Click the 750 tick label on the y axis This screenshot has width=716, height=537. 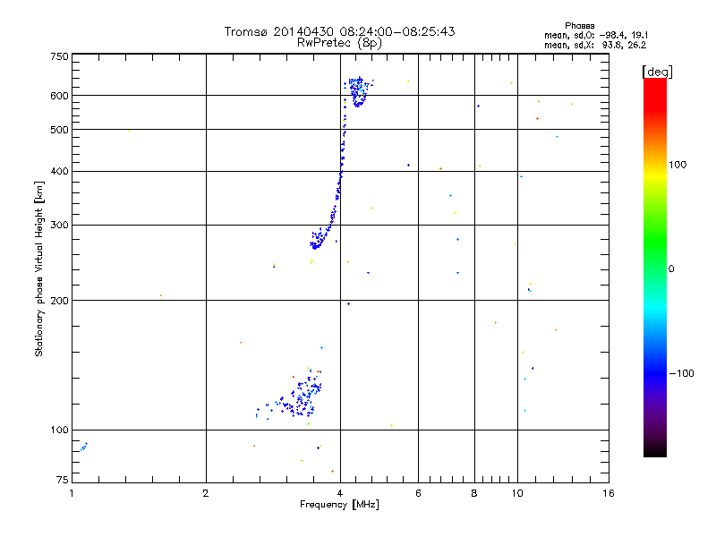click(59, 56)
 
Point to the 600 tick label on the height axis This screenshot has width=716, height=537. click(59, 95)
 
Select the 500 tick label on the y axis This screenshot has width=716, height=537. click(59, 130)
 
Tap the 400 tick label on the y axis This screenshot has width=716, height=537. click(59, 171)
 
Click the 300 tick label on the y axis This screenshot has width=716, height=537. click(59, 225)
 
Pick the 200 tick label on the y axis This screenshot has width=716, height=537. click(59, 300)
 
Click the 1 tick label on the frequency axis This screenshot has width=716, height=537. click(72, 493)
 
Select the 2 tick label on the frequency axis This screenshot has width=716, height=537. click(206, 493)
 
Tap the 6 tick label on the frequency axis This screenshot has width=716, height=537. click(418, 493)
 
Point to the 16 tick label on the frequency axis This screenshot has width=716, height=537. click(608, 493)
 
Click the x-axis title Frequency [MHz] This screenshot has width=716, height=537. click(340, 505)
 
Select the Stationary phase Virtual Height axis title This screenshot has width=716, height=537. click(39, 268)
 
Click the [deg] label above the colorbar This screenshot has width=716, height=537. click(657, 71)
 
